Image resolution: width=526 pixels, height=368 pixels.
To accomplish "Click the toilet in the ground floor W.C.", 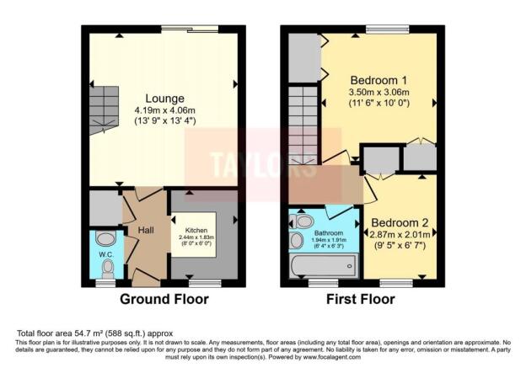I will (x=107, y=268).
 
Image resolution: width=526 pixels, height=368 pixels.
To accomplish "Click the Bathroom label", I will (x=328, y=232).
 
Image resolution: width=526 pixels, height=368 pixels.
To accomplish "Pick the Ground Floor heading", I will (x=164, y=298).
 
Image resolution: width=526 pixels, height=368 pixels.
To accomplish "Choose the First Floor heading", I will (x=362, y=298).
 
